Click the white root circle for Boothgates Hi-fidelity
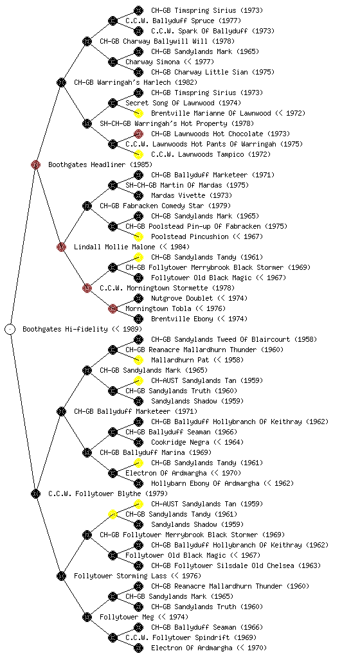click(x=10, y=329)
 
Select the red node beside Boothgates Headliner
click(x=35, y=164)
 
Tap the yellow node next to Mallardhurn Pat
click(x=138, y=360)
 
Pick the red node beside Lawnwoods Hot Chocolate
click(x=138, y=134)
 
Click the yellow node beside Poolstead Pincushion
click(x=138, y=236)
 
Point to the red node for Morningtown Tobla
click(x=113, y=308)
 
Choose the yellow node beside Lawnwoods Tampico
click(x=138, y=154)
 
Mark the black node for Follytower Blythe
click(x=35, y=493)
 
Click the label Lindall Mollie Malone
click(x=114, y=247)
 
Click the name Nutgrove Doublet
click(x=182, y=298)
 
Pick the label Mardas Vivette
click(x=178, y=195)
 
